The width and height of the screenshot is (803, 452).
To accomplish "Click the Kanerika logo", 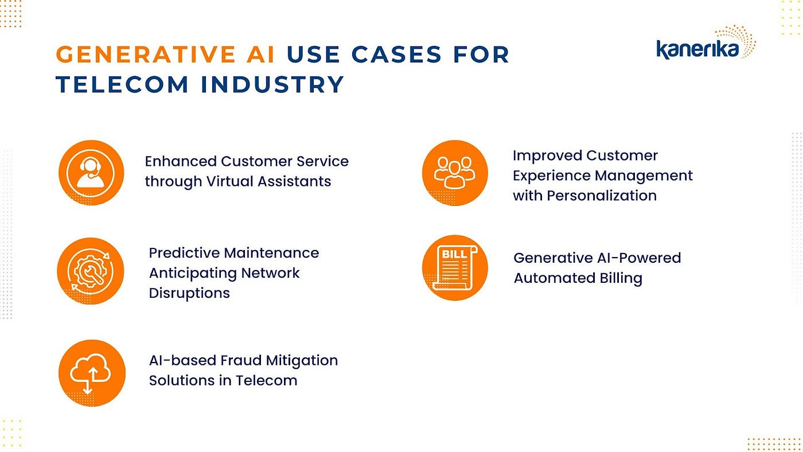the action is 705,45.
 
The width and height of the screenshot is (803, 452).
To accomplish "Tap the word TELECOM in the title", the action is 122,84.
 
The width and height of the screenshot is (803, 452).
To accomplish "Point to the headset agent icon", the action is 91,172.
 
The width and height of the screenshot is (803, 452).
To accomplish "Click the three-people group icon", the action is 455,172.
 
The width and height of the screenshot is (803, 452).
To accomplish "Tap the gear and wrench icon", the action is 91,271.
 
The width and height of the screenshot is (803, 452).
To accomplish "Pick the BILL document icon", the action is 455,267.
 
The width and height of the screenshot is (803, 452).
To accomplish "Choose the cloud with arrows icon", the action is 91,373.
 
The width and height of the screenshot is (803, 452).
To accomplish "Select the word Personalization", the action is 602,196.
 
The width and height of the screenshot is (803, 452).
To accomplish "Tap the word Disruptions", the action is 189,293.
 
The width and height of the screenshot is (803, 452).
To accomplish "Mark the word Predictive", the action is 184,253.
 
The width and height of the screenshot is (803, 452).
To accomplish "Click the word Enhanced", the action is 180,161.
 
